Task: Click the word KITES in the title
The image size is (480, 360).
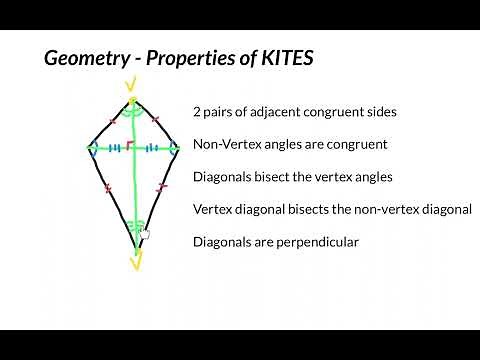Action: click(x=286, y=58)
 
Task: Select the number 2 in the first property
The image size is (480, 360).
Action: click(x=197, y=112)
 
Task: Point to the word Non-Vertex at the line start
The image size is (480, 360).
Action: click(x=225, y=144)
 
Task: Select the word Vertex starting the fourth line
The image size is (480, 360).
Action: click(x=213, y=209)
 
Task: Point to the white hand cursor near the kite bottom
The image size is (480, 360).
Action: click(x=145, y=233)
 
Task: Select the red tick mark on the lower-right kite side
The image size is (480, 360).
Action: click(x=161, y=187)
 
